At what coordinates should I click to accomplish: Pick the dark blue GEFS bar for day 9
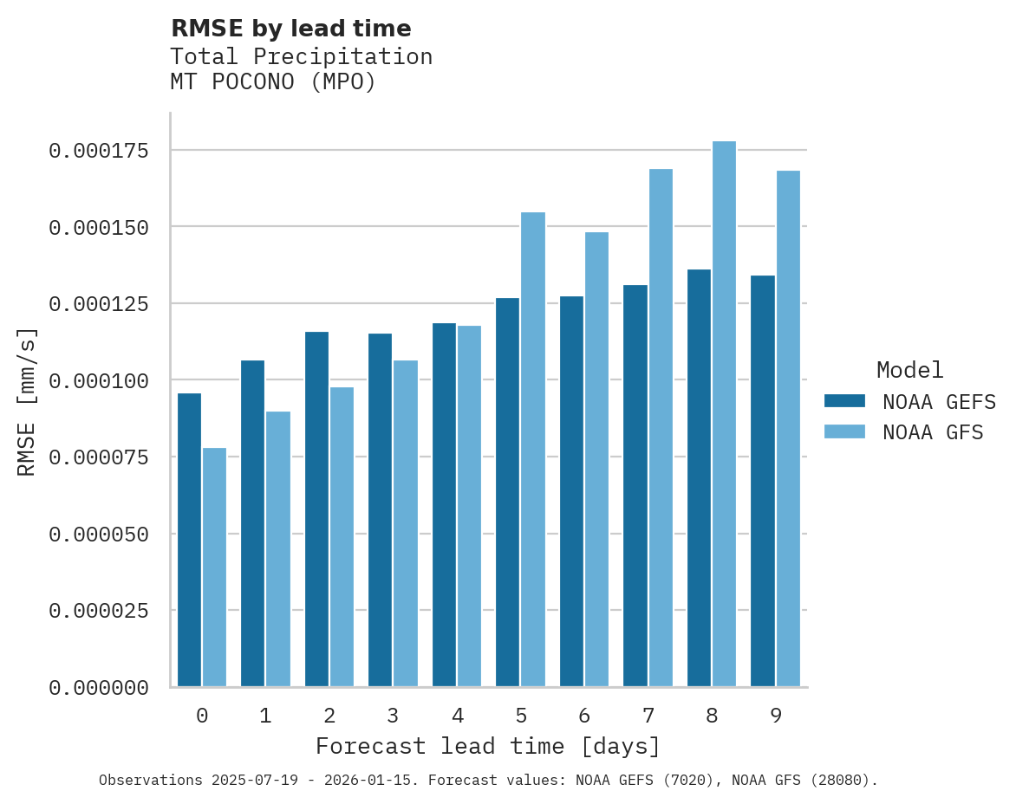coord(763,481)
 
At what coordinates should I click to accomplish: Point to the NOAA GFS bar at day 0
coord(214,567)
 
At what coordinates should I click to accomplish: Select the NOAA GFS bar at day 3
coord(406,523)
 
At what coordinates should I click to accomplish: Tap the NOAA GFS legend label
coord(933,431)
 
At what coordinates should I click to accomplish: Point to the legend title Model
coord(909,370)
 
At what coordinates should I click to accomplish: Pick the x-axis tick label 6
coord(584,716)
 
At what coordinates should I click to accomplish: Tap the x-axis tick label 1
coord(265,716)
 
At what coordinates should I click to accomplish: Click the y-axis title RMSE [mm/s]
coord(27,402)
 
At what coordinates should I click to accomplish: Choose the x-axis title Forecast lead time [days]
coord(488,746)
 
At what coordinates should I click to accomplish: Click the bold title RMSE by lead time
coord(290,29)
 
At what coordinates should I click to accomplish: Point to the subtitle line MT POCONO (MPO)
coord(273,82)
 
